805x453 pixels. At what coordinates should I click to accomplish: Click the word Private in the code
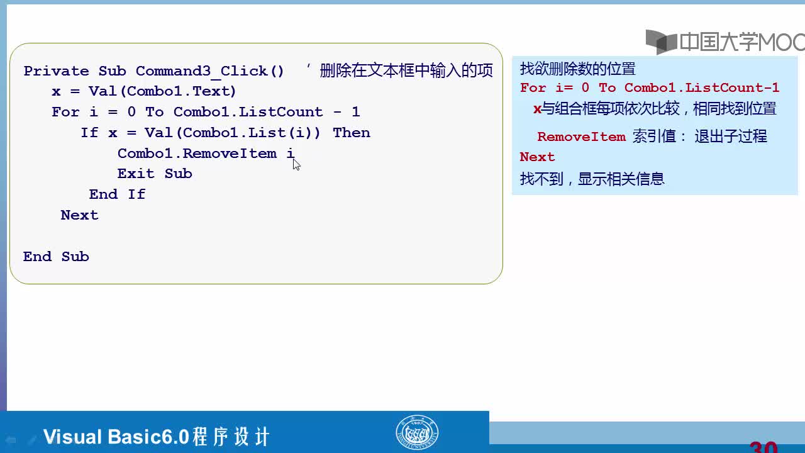57,71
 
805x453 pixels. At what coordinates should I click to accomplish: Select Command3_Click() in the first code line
210,71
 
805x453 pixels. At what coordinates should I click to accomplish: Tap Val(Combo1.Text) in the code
162,91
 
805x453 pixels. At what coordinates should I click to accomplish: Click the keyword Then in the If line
352,133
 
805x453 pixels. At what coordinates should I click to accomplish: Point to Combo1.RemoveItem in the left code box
197,154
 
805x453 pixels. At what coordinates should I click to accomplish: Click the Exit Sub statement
155,174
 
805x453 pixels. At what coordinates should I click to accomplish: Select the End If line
117,194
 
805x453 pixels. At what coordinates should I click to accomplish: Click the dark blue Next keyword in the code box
79,215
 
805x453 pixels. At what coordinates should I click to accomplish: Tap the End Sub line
56,257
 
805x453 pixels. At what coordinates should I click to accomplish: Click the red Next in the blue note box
537,157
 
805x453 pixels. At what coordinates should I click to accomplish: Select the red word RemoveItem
582,137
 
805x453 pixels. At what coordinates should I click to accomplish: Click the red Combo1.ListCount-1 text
701,87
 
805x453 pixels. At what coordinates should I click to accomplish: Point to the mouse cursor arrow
296,164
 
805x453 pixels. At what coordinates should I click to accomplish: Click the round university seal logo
417,432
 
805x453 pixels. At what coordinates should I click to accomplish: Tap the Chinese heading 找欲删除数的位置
578,69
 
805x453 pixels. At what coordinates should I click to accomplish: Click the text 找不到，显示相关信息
592,179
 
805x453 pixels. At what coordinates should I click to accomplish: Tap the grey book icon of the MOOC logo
661,42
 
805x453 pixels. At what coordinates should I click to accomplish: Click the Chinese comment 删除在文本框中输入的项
406,70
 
